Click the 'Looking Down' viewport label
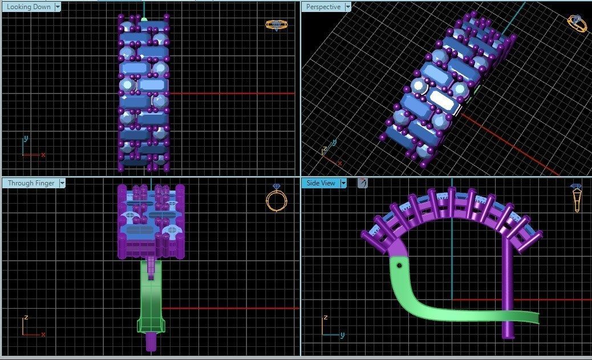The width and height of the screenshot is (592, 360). point(29,7)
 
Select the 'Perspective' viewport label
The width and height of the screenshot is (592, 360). point(323,7)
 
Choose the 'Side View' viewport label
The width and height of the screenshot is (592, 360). point(321,183)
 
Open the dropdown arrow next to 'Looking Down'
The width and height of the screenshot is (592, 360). point(58,7)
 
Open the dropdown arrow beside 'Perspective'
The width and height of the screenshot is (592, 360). point(347,7)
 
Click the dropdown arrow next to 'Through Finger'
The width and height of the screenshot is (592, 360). point(62,183)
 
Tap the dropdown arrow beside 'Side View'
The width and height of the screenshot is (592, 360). point(343,183)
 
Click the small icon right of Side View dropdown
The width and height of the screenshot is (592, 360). point(362,183)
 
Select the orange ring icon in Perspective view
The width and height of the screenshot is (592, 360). point(577,23)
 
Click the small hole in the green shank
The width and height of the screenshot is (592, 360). point(399,265)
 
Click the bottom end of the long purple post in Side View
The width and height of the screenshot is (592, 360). point(507,335)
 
